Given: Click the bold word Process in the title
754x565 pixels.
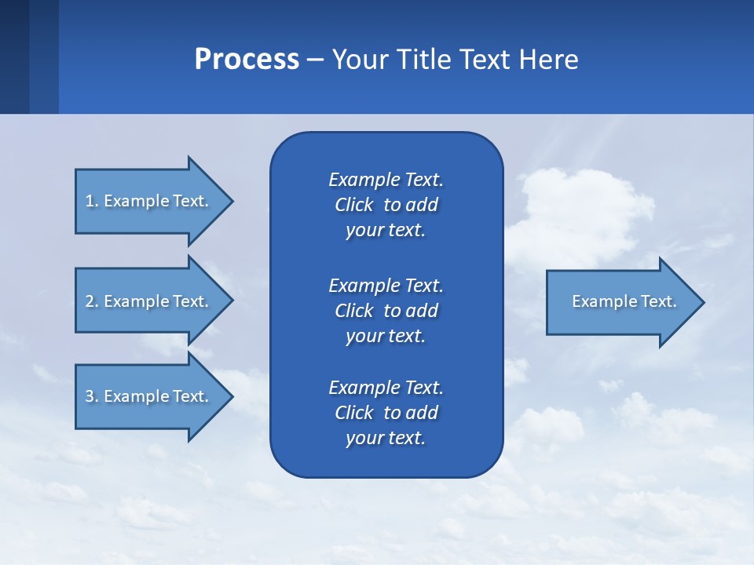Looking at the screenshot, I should coord(247,60).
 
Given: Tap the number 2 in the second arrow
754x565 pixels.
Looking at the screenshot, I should coord(90,301).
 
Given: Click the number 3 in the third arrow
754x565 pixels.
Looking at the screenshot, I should coord(90,396).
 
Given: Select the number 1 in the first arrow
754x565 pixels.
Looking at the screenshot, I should coord(90,201).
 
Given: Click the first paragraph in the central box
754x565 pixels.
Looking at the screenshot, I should coord(386,205).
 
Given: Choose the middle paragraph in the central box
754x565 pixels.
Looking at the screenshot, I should coord(386,311).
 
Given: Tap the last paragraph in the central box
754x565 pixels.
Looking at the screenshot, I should coord(386,413).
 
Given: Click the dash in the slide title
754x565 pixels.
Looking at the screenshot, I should coord(315,60).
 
